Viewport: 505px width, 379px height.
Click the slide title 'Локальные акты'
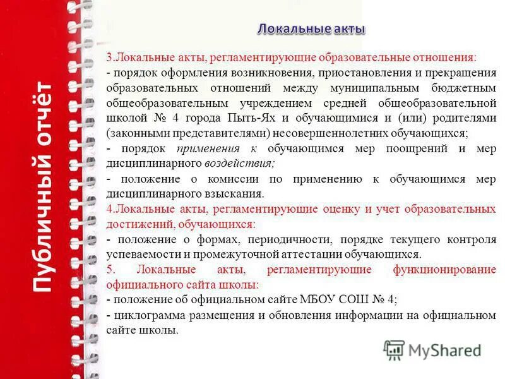311,29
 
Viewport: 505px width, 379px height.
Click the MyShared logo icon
394,350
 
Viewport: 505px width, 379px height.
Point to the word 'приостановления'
360,73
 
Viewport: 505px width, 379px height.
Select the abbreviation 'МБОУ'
323,300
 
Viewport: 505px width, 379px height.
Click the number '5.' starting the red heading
111,270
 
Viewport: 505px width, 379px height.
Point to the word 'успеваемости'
137,255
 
